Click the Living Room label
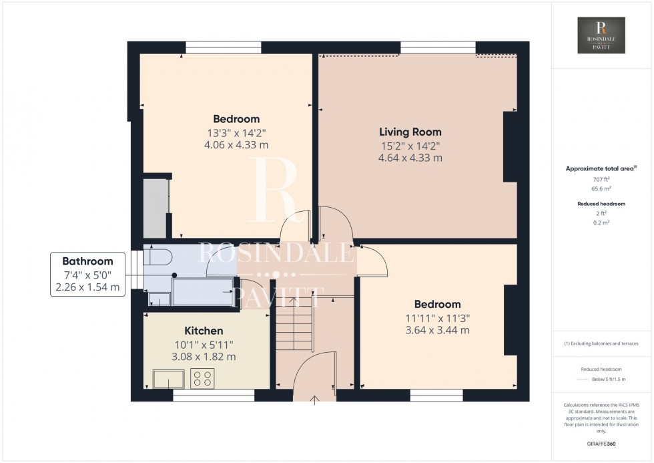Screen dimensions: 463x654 410,132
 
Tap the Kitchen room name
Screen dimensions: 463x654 204,331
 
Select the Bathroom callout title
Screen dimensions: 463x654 87,261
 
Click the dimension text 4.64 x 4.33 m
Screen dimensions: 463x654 410,158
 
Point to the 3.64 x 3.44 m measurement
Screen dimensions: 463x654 437,330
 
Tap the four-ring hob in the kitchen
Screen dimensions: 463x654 203,379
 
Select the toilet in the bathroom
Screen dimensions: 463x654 157,257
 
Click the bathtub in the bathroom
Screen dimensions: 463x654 202,292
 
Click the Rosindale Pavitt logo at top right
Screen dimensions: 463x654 601,35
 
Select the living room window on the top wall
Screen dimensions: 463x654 438,47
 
